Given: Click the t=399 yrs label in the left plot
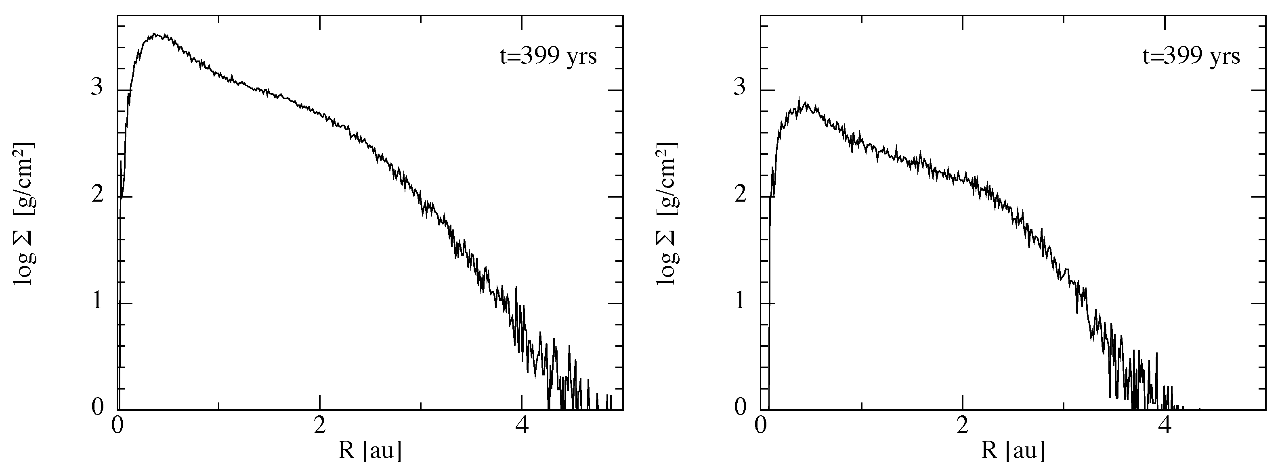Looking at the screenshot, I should tap(548, 56).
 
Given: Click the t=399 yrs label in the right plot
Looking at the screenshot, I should tap(1191, 56).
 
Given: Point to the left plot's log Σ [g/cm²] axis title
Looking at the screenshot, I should tap(24, 213).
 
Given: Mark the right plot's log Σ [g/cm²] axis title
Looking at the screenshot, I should tap(667, 213).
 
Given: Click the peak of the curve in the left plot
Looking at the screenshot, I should tap(155, 34).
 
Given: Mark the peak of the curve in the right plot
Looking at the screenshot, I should tap(799, 97).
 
